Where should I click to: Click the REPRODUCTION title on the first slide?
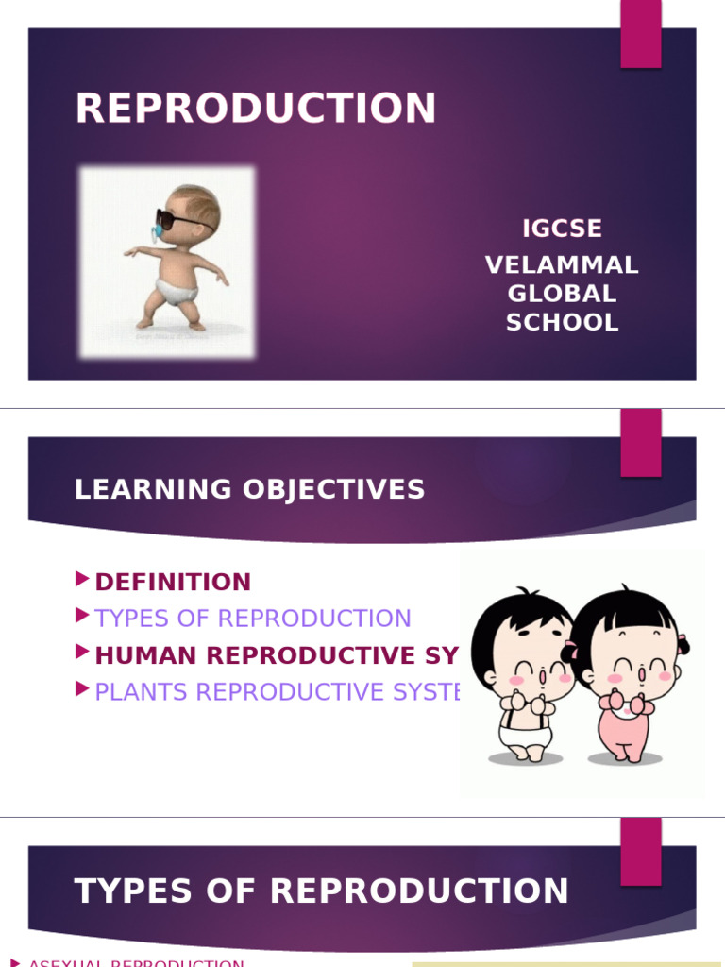click(256, 108)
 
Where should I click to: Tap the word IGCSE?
click(562, 229)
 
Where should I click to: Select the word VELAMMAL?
click(562, 265)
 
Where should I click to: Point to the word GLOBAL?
click(562, 294)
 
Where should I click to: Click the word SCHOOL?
click(562, 322)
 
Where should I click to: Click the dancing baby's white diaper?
click(179, 290)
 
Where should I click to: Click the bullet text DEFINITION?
click(173, 582)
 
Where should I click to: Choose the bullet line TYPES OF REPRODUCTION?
click(253, 619)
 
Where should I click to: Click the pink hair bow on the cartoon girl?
click(681, 644)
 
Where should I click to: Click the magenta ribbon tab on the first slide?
click(640, 34)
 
